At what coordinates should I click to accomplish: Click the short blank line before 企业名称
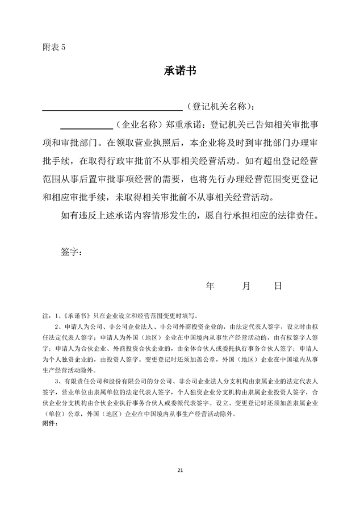coord(86,127)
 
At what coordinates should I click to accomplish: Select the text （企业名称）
coord(140,124)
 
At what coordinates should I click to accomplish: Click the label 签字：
coord(71,252)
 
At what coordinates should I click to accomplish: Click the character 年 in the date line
coord(210,286)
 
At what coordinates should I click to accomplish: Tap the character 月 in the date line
coord(246,286)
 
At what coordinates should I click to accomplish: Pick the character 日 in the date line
coord(278,286)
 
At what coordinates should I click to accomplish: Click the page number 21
coord(180,471)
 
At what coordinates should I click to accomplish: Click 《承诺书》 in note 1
coord(76,315)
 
